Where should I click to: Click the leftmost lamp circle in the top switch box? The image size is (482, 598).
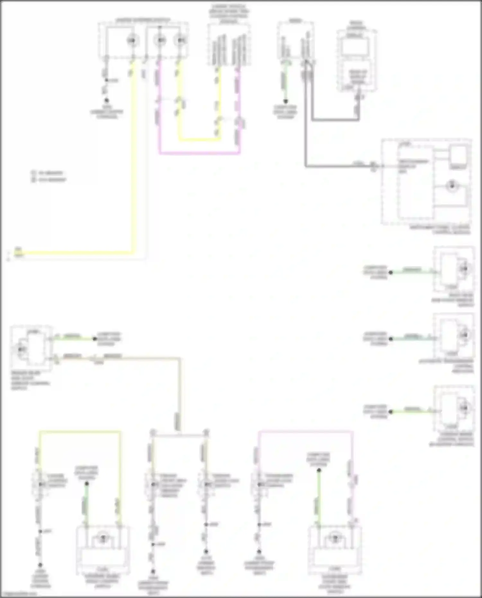pos(131,40)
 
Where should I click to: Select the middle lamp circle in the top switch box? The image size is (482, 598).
pos(160,40)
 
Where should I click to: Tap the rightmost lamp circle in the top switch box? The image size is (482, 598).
pos(180,40)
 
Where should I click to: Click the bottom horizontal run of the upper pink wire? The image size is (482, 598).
pos(199,153)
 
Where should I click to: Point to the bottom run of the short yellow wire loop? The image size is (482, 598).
pos(199,140)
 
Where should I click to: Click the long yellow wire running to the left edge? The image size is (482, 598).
pos(77,253)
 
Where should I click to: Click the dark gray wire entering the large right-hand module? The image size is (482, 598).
pos(337,166)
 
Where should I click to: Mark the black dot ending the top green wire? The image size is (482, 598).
pos(285,102)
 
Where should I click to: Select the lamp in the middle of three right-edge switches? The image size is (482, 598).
pos(464,335)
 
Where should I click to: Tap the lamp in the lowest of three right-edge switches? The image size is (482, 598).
pos(464,408)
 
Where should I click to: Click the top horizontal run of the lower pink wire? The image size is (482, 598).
pos(305,432)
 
